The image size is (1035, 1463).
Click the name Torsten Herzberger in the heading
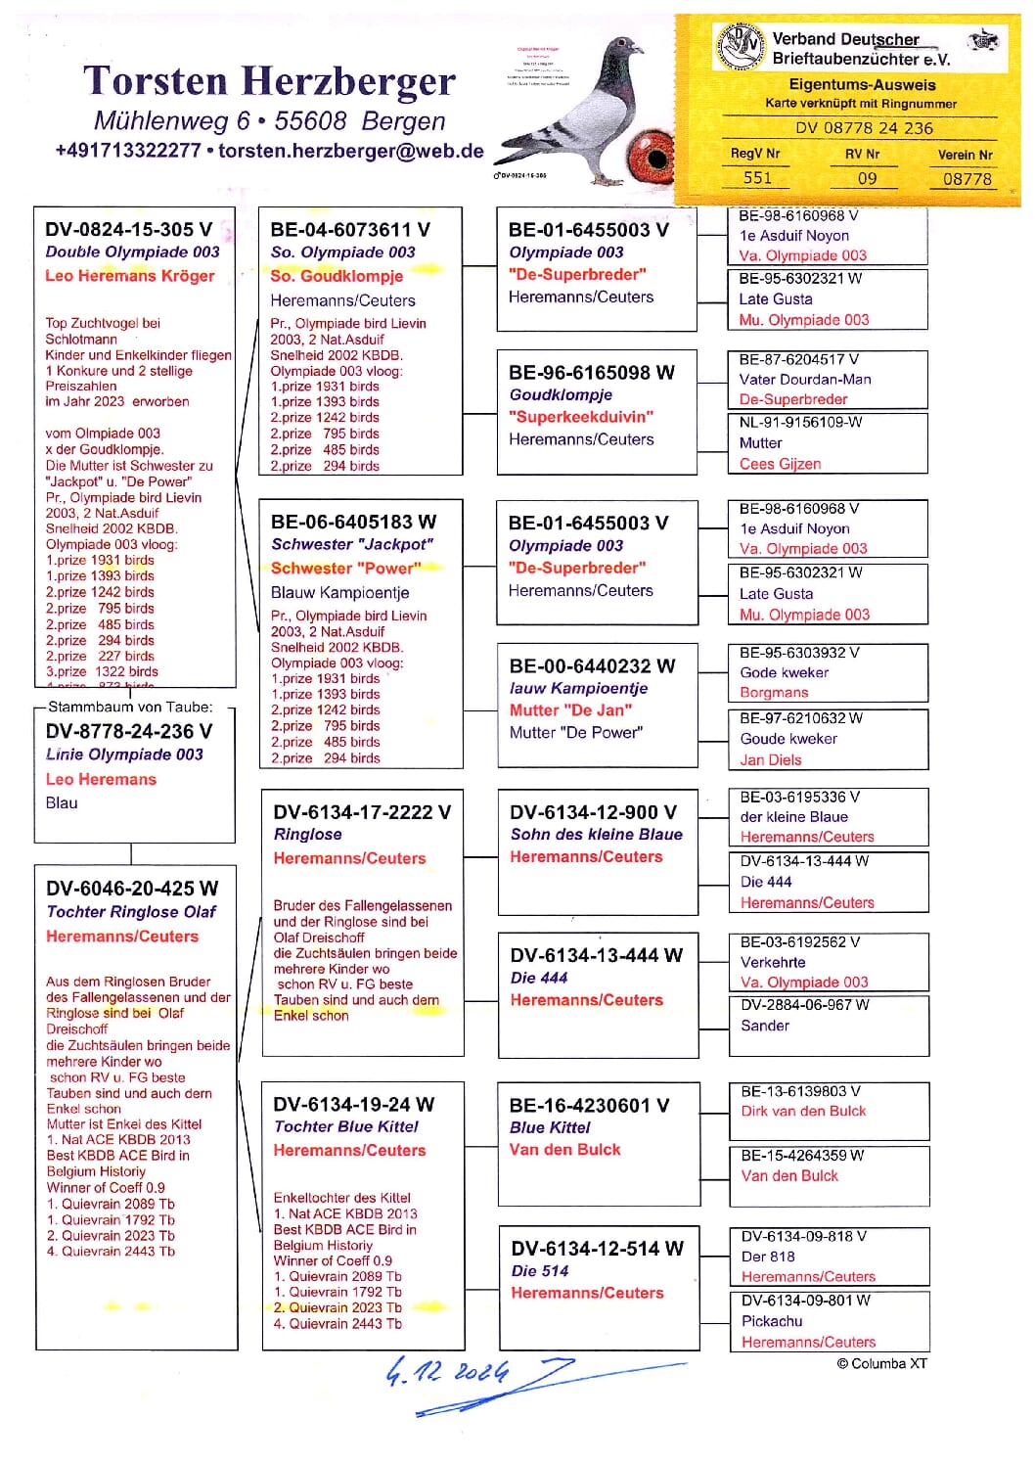coord(269,81)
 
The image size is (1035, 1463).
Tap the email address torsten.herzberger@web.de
coord(350,151)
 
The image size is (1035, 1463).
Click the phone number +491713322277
coord(127,151)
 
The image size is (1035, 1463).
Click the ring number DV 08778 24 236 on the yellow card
coord(864,128)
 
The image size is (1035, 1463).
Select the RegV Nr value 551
coord(757,178)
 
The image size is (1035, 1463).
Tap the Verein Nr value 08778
coord(967,178)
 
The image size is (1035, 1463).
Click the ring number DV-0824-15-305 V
coord(128,229)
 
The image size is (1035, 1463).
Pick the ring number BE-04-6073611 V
coord(350,229)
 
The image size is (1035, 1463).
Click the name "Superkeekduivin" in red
coord(581,417)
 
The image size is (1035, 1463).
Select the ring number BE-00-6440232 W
coord(592,665)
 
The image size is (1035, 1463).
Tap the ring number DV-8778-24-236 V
coord(129,731)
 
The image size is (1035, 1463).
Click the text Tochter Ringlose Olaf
coord(131,912)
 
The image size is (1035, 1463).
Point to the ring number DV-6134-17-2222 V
coord(362,811)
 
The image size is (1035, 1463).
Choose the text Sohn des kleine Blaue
coord(597,835)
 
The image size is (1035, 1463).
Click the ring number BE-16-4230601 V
coord(589,1105)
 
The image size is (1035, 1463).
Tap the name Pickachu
coord(772,1321)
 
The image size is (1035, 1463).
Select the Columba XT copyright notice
coord(881,1363)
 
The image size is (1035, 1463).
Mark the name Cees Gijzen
coord(780,464)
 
